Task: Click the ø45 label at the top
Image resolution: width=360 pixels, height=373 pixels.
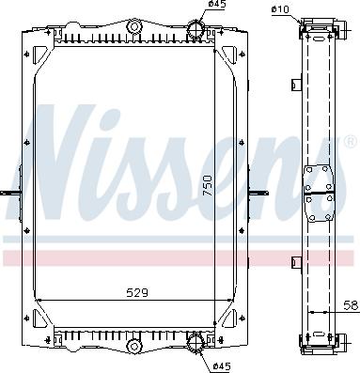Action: (216, 5)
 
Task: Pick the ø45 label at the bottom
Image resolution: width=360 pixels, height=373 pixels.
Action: (223, 365)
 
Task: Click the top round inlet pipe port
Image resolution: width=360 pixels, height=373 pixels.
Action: (196, 29)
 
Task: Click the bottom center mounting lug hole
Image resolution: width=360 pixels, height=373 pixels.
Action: (133, 346)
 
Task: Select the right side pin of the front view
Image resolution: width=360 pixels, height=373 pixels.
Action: (256, 194)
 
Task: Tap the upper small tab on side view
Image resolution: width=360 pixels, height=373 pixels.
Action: (295, 87)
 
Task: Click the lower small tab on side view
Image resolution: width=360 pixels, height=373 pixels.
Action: (295, 260)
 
